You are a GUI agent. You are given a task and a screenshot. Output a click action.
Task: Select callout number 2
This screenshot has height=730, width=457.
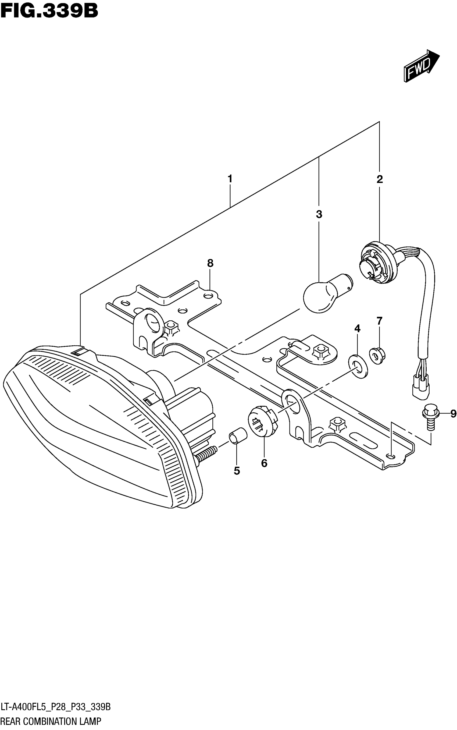tap(380, 179)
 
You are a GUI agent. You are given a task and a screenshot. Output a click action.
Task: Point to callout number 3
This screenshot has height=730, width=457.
tap(319, 214)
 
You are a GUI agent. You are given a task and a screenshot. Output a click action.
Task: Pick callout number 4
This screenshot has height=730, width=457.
tap(357, 328)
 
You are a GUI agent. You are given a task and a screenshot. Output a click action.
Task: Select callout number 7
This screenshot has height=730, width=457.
tap(380, 321)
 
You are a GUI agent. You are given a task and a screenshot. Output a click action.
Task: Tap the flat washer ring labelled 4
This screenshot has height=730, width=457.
tap(358, 367)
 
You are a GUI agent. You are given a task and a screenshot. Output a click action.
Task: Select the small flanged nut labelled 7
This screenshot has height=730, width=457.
tap(377, 356)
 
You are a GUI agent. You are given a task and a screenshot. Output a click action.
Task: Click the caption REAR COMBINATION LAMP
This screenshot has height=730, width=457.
tap(51, 721)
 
